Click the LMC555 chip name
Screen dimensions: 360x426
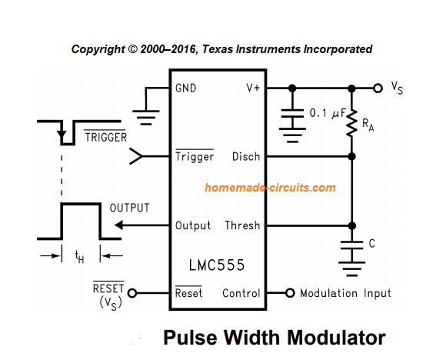click(216, 265)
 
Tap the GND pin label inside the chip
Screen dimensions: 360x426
click(186, 88)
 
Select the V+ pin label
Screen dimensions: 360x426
click(253, 88)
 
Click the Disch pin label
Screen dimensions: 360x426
click(246, 157)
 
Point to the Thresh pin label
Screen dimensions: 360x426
click(243, 226)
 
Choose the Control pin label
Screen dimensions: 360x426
click(241, 293)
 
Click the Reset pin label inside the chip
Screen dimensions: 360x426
click(189, 293)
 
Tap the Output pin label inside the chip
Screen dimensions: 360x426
click(193, 226)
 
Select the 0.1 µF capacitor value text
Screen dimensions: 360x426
click(325, 112)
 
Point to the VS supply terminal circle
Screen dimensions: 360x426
click(377, 88)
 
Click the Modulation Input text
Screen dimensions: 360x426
click(345, 293)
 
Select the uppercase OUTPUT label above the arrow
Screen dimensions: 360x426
click(129, 208)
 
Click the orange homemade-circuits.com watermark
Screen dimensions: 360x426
click(270, 188)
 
